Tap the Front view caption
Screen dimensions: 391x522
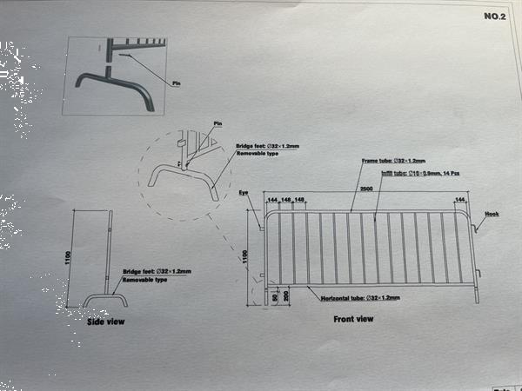354,319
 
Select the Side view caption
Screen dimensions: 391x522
105,322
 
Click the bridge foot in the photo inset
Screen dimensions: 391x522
114,88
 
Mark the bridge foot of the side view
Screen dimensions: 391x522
105,299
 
